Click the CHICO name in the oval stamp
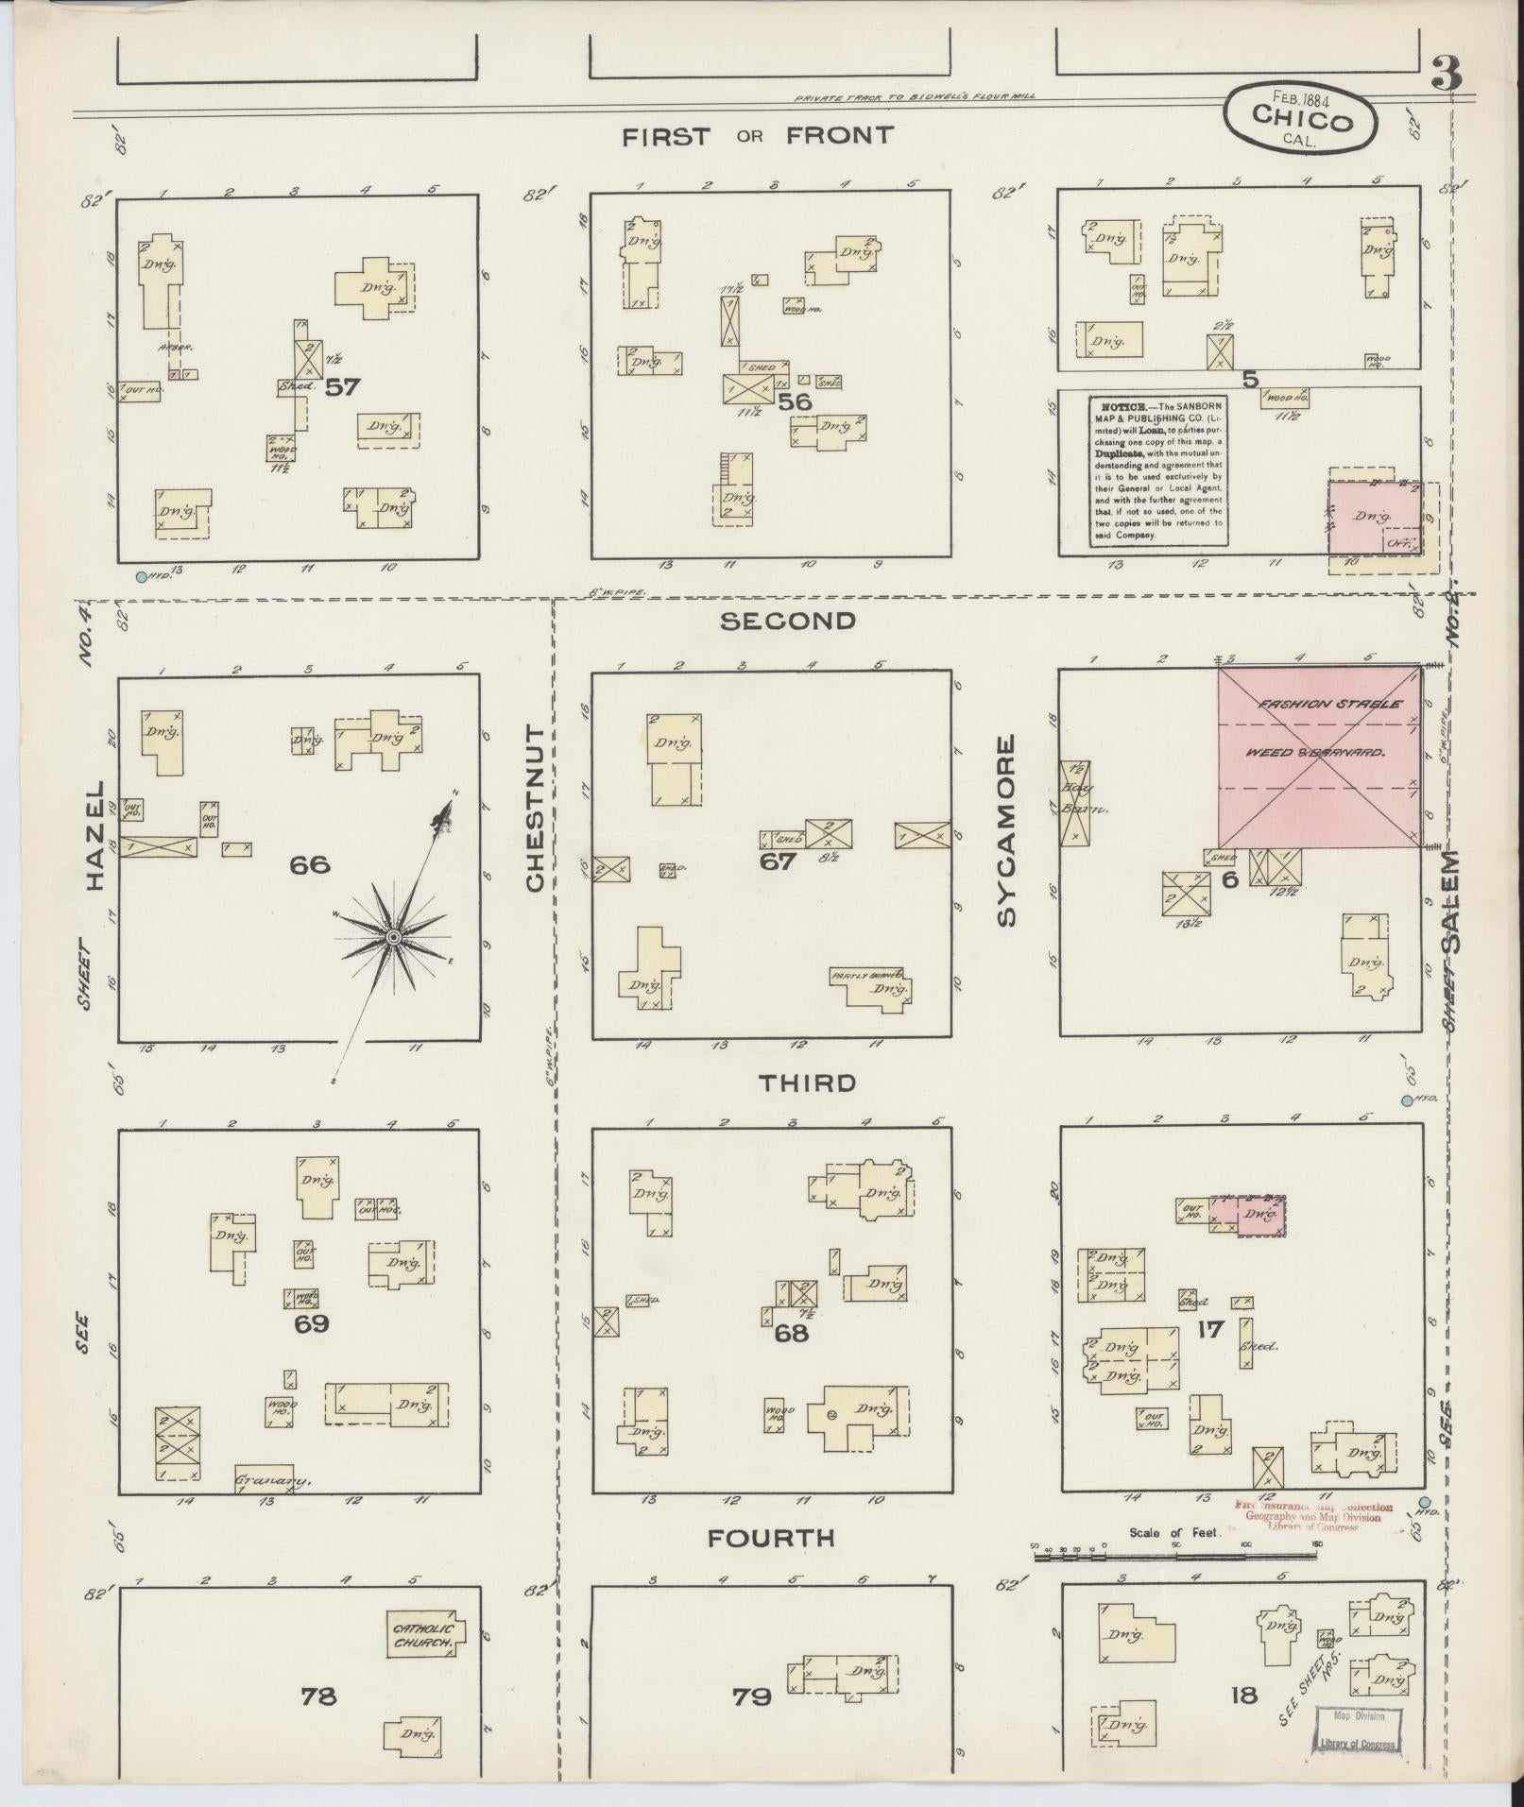[1301, 121]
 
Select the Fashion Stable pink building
[1318, 756]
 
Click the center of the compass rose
[392, 936]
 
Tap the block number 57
[341, 387]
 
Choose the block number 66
[310, 864]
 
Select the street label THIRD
[808, 1082]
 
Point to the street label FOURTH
[772, 1539]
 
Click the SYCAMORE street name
[1006, 830]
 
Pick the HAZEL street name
[95, 835]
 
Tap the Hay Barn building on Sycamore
[1074, 802]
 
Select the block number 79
[752, 1696]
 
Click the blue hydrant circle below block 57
[142, 576]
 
